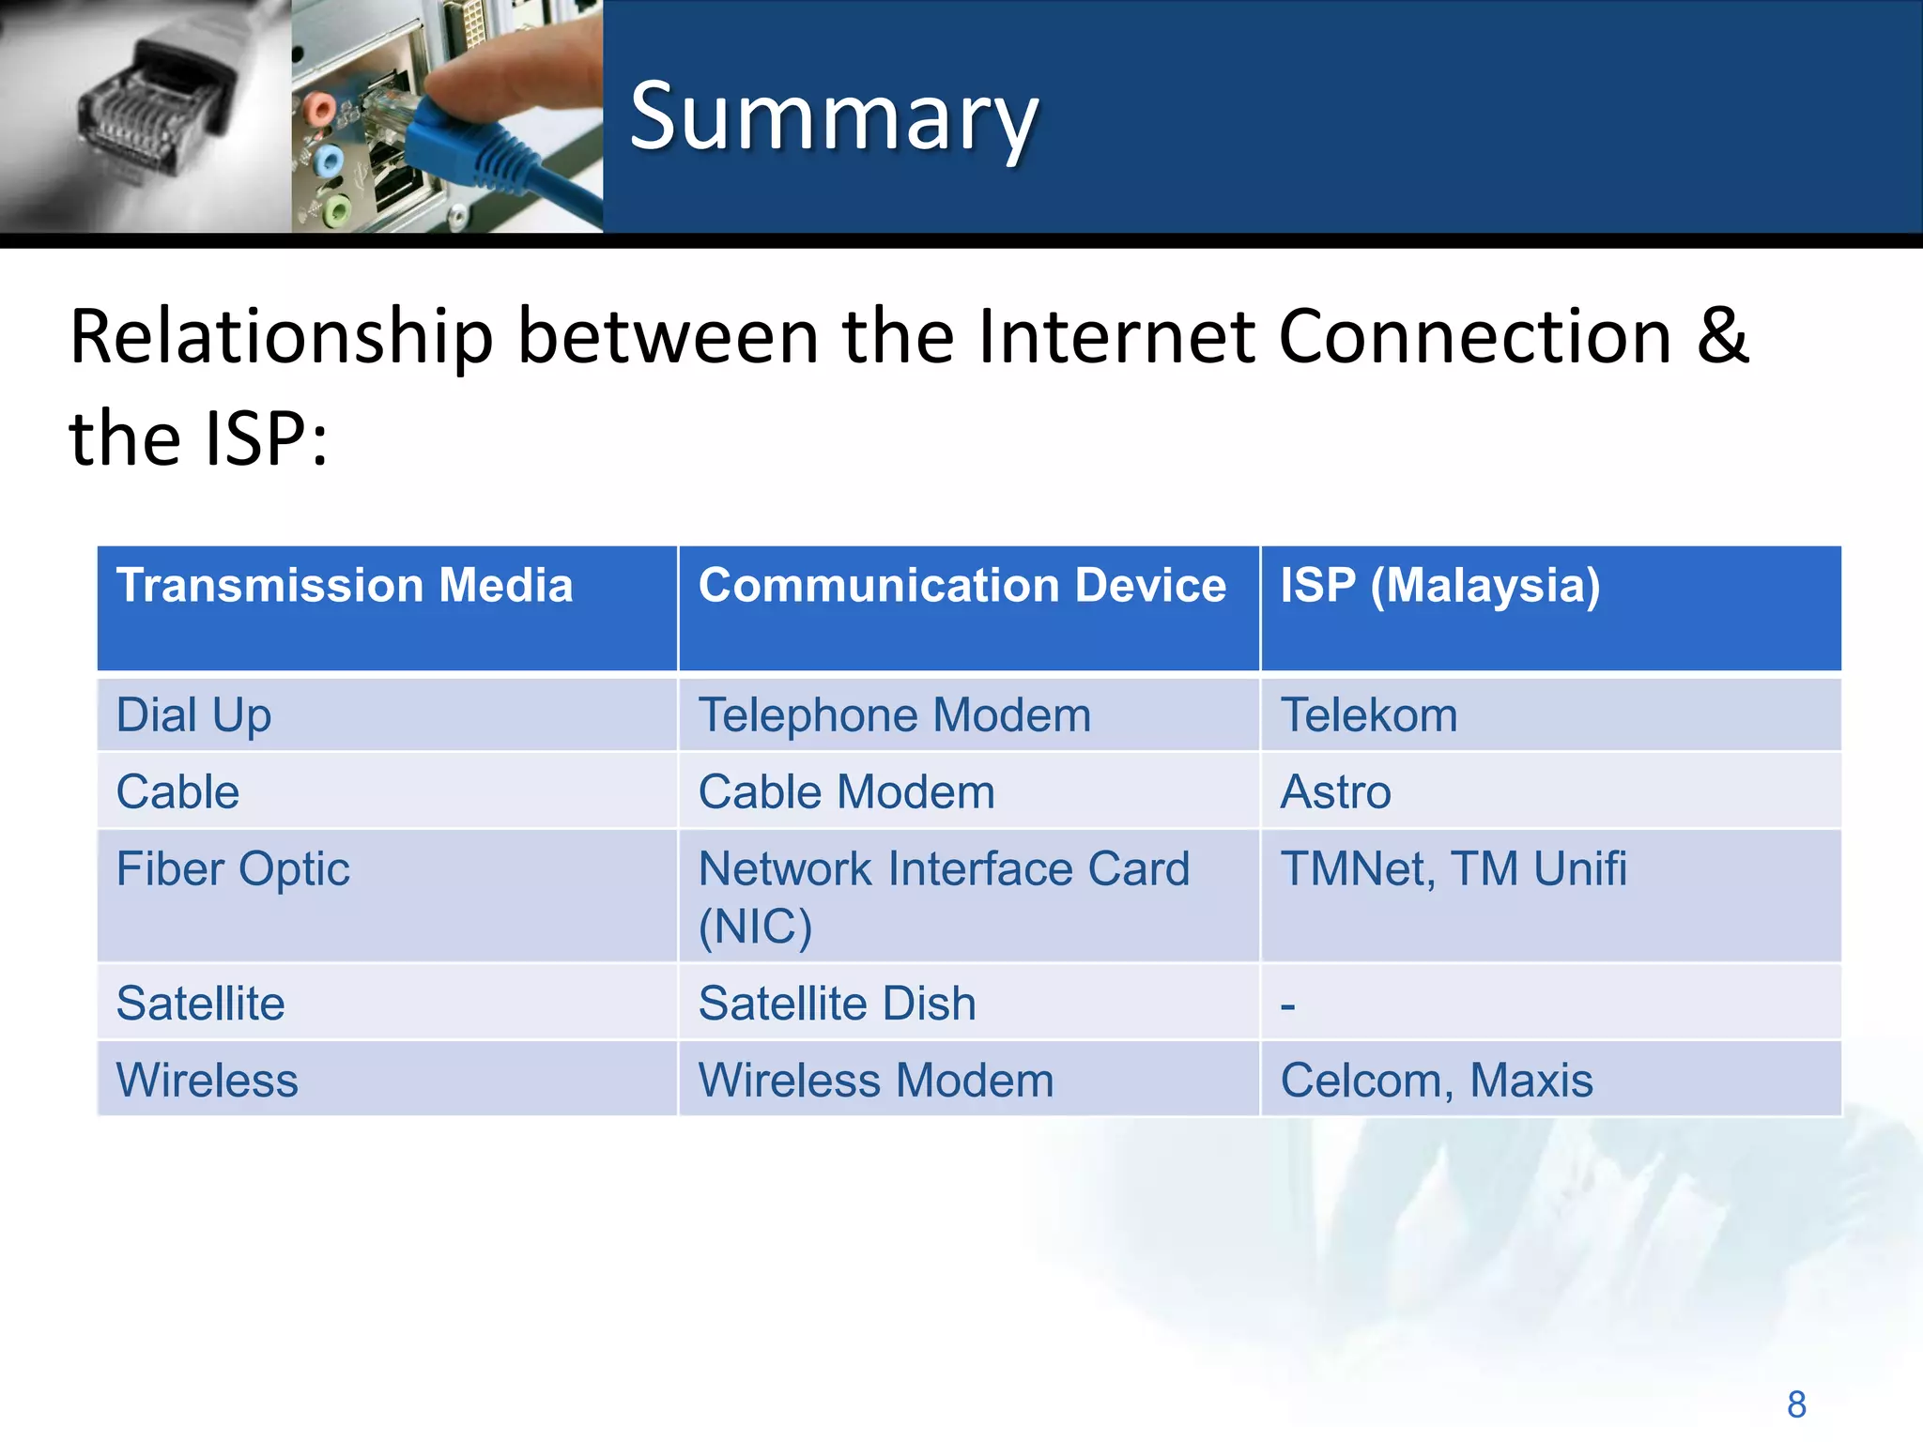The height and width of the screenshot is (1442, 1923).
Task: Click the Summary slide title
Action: click(x=834, y=116)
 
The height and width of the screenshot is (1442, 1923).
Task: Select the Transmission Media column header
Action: click(x=345, y=585)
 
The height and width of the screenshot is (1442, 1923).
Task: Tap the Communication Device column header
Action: click(x=961, y=585)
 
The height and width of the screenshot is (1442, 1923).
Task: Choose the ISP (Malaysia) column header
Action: click(x=1439, y=585)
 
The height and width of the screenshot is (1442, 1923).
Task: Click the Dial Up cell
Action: click(x=193, y=715)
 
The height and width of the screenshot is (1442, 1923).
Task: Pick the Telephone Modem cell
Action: click(x=894, y=715)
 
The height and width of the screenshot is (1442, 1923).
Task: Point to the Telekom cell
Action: click(x=1368, y=715)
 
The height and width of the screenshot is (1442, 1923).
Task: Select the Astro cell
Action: click(x=1335, y=791)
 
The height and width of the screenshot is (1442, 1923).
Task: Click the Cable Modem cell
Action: click(x=846, y=791)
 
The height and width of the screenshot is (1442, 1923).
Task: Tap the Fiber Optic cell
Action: click(x=233, y=868)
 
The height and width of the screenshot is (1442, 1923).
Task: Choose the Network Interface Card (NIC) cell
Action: click(x=943, y=897)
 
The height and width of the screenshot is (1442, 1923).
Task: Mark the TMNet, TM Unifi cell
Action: click(x=1453, y=868)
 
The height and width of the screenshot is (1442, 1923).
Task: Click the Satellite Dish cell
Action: click(x=837, y=1003)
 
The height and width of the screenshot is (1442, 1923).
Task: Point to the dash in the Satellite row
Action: click(x=1287, y=1006)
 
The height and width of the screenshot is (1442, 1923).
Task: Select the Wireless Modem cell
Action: click(x=875, y=1080)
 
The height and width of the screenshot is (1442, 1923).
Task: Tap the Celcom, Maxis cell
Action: click(x=1436, y=1080)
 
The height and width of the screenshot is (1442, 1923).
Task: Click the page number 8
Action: click(x=1796, y=1404)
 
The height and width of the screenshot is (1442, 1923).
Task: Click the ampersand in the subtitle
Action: click(x=1722, y=336)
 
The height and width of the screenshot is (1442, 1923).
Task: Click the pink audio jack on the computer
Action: click(x=320, y=111)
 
